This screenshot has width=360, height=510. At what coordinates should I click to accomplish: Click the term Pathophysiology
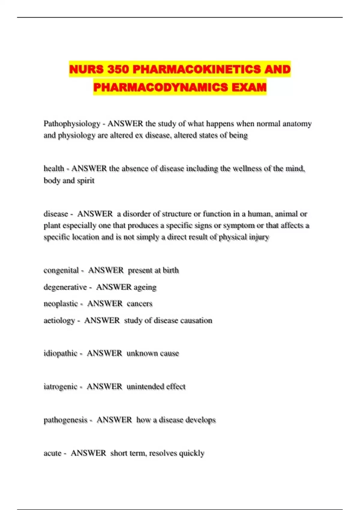(x=72, y=124)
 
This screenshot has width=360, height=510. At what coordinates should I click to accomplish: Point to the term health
(x=54, y=169)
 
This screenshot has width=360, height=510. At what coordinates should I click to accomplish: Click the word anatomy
(x=297, y=124)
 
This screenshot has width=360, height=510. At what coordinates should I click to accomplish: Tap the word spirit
(x=86, y=181)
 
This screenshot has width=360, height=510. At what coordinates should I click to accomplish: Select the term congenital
(x=61, y=270)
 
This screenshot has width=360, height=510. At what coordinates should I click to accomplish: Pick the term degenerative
(x=65, y=287)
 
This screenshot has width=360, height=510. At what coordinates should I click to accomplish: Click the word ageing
(x=145, y=287)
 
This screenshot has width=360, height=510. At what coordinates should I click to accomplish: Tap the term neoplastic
(x=61, y=304)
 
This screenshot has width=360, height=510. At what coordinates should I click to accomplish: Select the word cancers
(x=139, y=304)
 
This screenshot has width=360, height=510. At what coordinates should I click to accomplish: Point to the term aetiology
(x=59, y=320)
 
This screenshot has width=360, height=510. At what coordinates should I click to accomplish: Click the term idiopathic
(x=60, y=353)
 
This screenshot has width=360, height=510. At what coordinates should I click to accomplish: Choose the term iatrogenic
(x=60, y=386)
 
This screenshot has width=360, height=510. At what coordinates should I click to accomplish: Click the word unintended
(x=145, y=386)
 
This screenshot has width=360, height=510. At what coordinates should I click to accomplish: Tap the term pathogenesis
(x=65, y=420)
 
